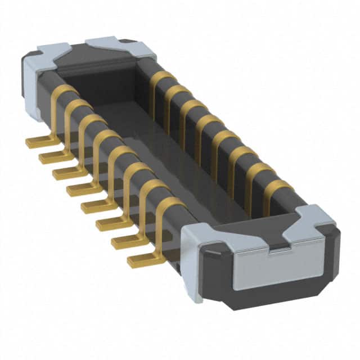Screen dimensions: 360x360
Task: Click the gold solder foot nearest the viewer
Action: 141,260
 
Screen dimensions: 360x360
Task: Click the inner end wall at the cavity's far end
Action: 112,84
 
